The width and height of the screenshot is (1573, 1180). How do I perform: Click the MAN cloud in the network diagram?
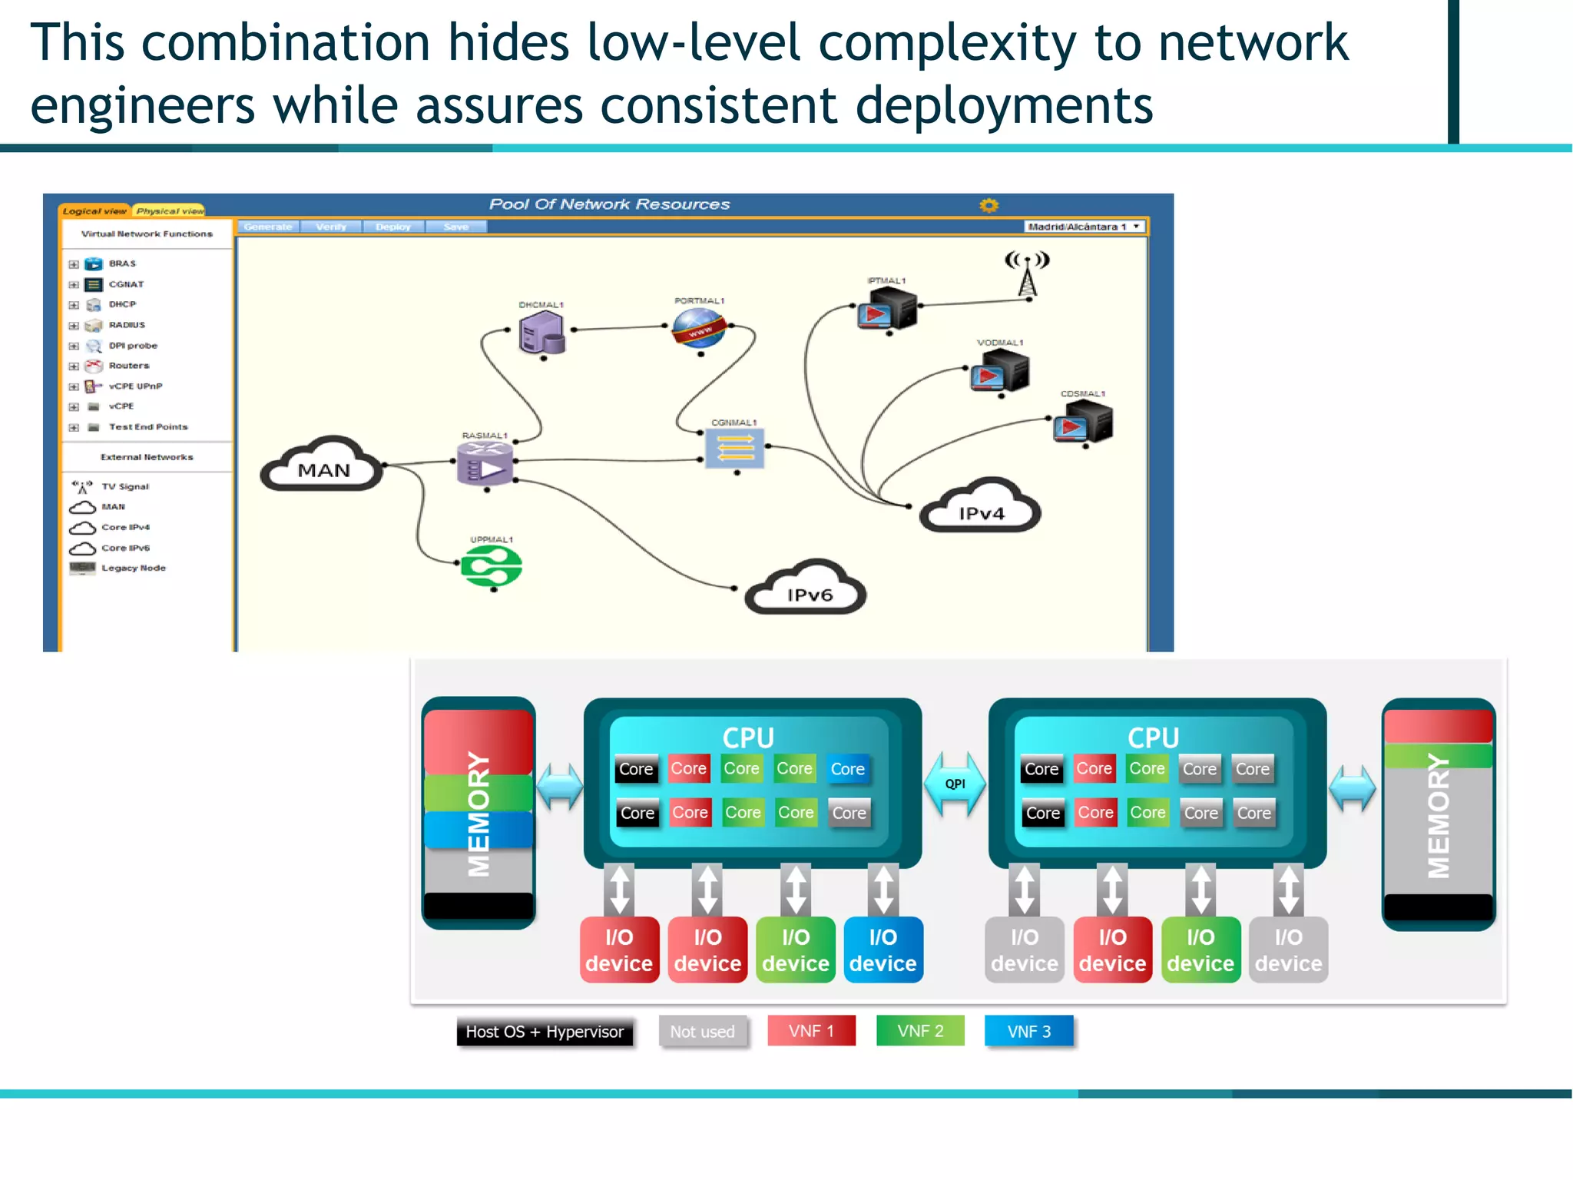coord(323,466)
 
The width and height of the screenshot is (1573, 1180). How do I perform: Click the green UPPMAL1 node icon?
coord(492,568)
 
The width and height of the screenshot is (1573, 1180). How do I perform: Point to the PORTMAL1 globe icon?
coord(698,329)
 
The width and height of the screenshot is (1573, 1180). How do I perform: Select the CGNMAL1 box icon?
coord(735,449)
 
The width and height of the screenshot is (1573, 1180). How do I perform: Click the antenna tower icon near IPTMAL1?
coord(1027,273)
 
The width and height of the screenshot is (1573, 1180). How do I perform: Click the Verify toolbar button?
coord(331,227)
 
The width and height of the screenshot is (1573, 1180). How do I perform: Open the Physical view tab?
coord(170,210)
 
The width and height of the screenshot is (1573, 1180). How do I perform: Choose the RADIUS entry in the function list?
coord(126,325)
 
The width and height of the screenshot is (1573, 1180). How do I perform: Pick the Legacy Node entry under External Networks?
coord(133,568)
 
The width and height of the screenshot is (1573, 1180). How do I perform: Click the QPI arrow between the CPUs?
coord(955,784)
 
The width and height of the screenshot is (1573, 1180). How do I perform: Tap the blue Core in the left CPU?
coord(848,769)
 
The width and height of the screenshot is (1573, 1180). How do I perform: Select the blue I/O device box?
coord(883,950)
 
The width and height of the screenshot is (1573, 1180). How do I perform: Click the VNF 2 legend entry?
coord(920,1031)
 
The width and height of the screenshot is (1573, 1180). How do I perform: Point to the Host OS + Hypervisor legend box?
coord(545,1032)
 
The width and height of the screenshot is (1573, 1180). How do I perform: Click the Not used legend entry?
coord(702,1032)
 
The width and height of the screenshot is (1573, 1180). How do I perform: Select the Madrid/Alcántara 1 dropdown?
coord(1085,227)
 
